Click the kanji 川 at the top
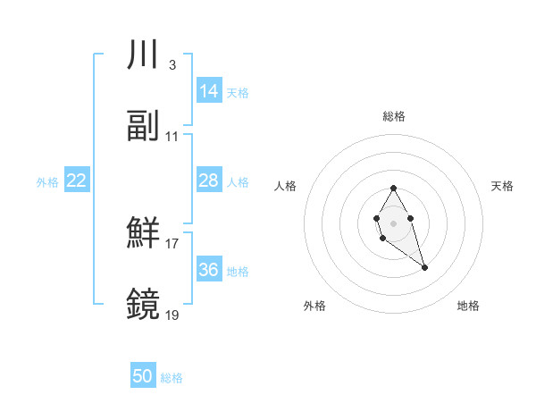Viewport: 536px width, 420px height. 143,55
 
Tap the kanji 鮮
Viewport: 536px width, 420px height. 143,233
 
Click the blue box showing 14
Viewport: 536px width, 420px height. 209,91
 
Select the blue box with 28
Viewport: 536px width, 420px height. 209,181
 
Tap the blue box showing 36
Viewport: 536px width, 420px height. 209,270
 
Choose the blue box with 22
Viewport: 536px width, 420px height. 77,181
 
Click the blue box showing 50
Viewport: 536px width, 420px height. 143,376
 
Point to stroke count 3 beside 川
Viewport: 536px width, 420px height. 172,64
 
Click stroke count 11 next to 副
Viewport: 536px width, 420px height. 172,137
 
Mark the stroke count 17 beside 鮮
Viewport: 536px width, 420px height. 172,243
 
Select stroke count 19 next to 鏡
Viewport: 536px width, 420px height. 172,315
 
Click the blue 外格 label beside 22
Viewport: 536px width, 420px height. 47,181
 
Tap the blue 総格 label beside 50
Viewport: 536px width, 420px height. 172,378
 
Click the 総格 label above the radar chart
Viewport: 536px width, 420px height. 393,116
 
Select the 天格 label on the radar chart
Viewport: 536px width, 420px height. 502,186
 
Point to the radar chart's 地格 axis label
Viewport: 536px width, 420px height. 468,306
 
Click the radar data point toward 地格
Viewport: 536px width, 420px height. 424,267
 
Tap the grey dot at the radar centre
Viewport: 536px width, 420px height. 393,222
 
